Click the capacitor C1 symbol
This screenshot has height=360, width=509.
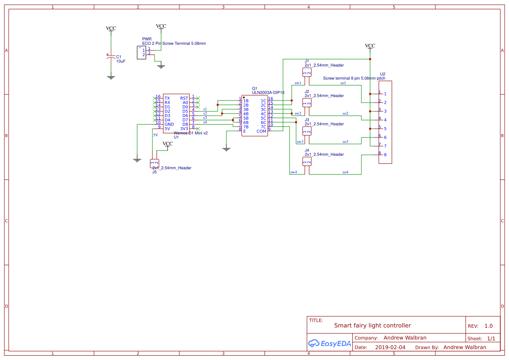111,57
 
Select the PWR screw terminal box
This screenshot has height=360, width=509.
141,52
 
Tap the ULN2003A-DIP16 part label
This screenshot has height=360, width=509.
268,92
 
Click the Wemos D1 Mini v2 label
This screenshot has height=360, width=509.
191,133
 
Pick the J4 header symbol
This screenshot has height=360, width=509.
307,161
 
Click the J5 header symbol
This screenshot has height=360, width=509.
155,164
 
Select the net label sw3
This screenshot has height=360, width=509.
300,142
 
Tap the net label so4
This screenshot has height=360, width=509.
345,172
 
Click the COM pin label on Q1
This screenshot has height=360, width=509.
261,131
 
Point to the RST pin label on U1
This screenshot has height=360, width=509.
184,98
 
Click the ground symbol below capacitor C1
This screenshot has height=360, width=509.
111,77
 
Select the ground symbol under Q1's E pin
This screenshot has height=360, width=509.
226,149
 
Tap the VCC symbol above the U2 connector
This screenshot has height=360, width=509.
370,46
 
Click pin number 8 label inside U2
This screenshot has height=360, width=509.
385,155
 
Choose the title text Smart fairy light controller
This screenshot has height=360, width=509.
372,326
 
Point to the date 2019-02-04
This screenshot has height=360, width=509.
390,347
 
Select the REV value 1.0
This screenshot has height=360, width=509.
489,326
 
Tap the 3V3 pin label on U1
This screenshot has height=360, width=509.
184,129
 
